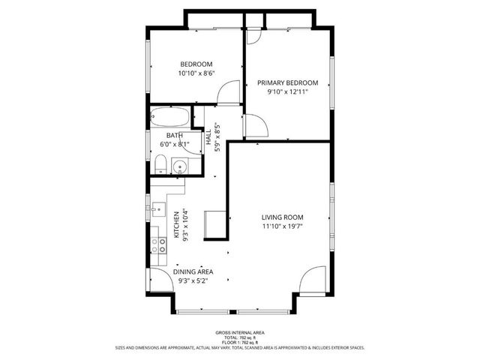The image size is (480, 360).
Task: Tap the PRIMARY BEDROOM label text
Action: [287, 82]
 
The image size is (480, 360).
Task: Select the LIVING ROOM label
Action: [283, 217]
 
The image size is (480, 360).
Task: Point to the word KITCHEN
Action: [177, 224]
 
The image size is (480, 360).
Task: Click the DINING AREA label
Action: [193, 271]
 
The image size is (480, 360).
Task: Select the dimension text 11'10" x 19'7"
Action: [283, 226]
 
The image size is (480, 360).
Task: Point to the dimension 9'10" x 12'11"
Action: [287, 92]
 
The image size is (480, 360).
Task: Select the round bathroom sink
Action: [178, 167]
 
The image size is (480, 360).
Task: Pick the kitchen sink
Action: [157, 208]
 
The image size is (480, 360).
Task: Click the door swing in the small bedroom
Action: [225, 94]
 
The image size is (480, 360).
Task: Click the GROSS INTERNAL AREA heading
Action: [239, 331]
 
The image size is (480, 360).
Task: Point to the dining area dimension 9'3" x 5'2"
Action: [193, 281]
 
